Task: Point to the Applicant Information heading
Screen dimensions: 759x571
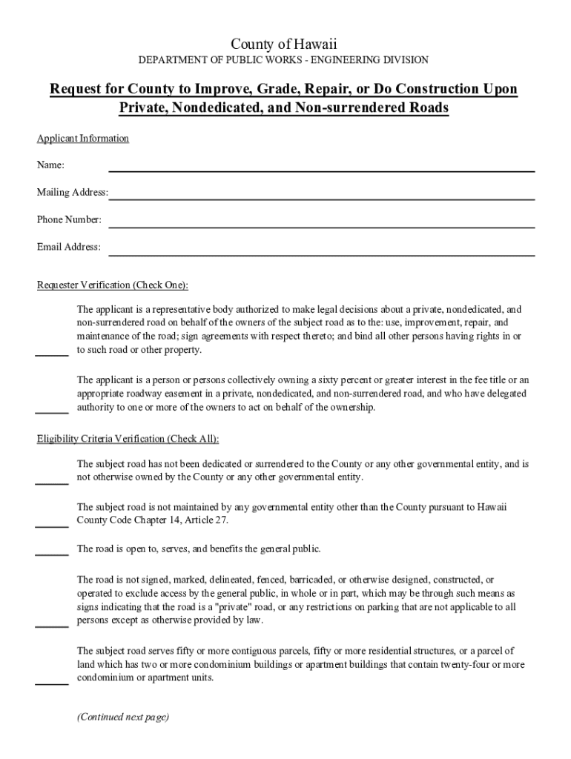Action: coord(83,139)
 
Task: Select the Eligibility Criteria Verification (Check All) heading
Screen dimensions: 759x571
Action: coord(128,438)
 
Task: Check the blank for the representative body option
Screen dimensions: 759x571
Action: coord(52,351)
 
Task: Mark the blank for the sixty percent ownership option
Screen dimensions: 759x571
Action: coord(52,409)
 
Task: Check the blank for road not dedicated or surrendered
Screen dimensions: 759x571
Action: coord(52,480)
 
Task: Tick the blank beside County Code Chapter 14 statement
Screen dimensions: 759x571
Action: coord(52,523)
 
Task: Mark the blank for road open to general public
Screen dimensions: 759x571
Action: coord(52,551)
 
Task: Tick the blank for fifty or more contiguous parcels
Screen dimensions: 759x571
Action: coord(52,680)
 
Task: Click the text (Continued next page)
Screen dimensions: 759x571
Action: coord(123,717)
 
